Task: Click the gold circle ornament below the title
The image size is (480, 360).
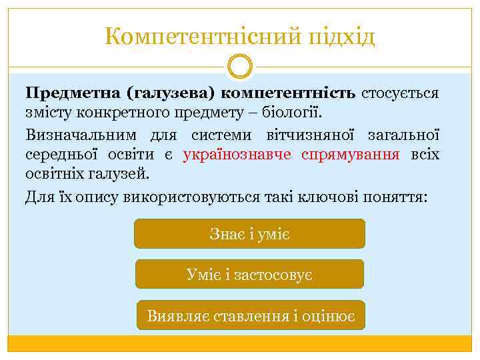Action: [x=240, y=67]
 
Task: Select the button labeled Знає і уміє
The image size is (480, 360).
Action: [x=250, y=234]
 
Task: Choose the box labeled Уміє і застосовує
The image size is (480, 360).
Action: [x=250, y=274]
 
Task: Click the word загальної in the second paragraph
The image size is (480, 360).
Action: [x=404, y=135]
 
